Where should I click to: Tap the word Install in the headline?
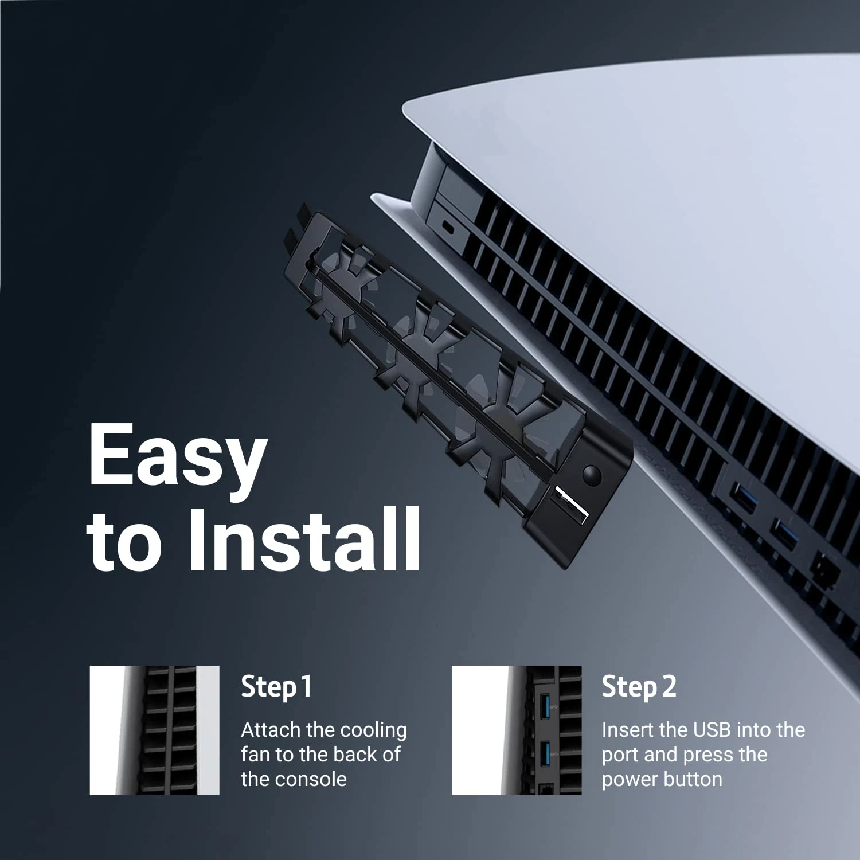[304, 540]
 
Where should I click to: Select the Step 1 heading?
[276, 686]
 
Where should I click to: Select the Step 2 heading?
[639, 686]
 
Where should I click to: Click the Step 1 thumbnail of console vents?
[154, 730]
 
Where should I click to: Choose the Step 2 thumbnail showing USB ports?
[516, 730]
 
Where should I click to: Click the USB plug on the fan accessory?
[570, 505]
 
